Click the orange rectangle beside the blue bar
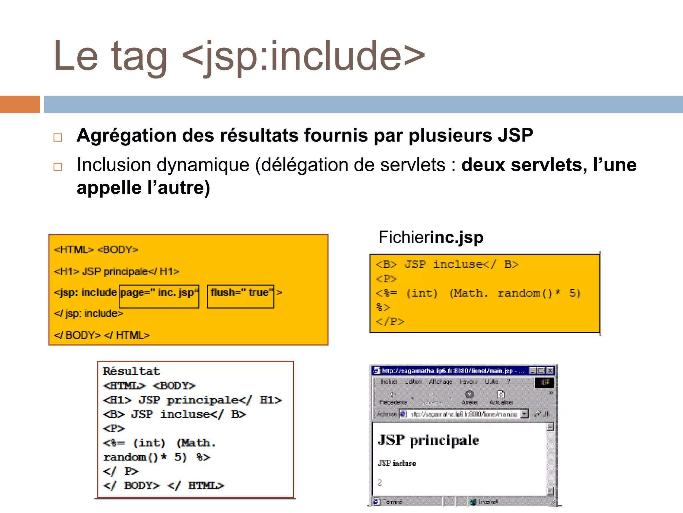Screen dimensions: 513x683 tap(20, 104)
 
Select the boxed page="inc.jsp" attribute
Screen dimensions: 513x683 tap(159, 296)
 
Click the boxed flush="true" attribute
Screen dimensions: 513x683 tap(240, 296)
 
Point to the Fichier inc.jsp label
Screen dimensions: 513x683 tap(431, 237)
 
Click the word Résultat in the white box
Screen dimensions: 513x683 tap(131, 371)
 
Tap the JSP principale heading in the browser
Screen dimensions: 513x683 tap(428, 440)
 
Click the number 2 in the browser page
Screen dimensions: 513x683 tap(380, 483)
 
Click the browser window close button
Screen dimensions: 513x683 tap(550, 370)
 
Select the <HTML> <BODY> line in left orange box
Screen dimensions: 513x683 tap(96, 250)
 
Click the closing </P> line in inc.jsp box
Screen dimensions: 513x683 tap(390, 322)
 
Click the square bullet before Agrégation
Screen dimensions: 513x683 tap(58, 138)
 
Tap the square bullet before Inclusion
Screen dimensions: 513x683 tap(58, 167)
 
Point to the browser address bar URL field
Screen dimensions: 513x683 tap(464, 414)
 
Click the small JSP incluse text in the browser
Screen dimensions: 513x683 tap(397, 463)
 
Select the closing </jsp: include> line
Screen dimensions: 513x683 tap(89, 314)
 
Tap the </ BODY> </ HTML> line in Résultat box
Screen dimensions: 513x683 tap(163, 486)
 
